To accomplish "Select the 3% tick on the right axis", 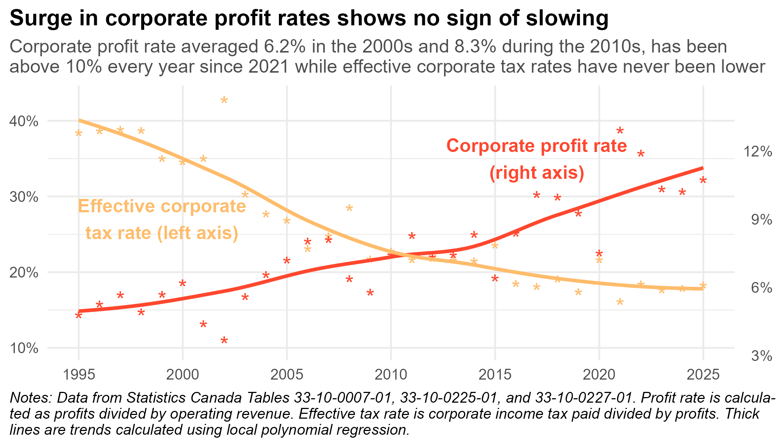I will tap(762, 356).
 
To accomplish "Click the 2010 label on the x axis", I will tap(391, 375).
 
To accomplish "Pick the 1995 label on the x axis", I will tap(79, 375).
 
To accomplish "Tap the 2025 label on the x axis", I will tap(703, 375).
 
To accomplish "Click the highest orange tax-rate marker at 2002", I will tap(224, 100).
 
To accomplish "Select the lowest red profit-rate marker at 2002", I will tap(224, 340).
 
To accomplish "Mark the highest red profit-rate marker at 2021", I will tap(620, 130).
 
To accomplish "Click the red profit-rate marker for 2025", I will tap(703, 180).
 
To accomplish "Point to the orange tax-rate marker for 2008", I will tap(349, 208).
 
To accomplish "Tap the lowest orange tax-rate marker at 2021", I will tap(620, 302).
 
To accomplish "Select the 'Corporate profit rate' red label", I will tap(537, 146).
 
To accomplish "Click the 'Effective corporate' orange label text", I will tap(162, 206).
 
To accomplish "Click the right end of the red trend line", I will tap(702, 168).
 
